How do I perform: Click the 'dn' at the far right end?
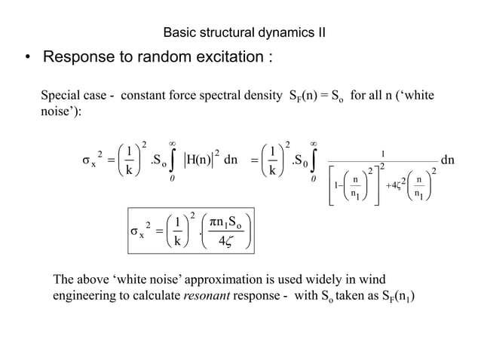(447, 160)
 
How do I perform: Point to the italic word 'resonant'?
(204, 295)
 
